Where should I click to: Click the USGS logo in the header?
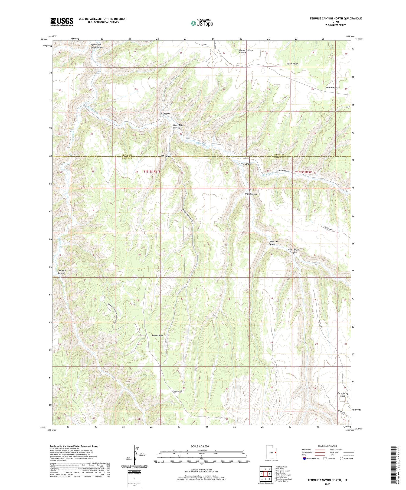pos(62,22)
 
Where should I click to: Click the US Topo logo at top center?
pos(202,23)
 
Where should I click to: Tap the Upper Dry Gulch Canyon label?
pos(97,46)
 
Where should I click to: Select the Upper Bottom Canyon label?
pos(246,51)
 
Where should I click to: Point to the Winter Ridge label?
pos(332,88)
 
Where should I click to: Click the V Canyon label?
pos(165,113)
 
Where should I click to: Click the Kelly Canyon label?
pos(245,164)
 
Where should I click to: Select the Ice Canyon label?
pos(166,156)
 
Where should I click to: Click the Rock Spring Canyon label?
pos(293,251)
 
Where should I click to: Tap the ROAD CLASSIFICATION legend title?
pos(328,446)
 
